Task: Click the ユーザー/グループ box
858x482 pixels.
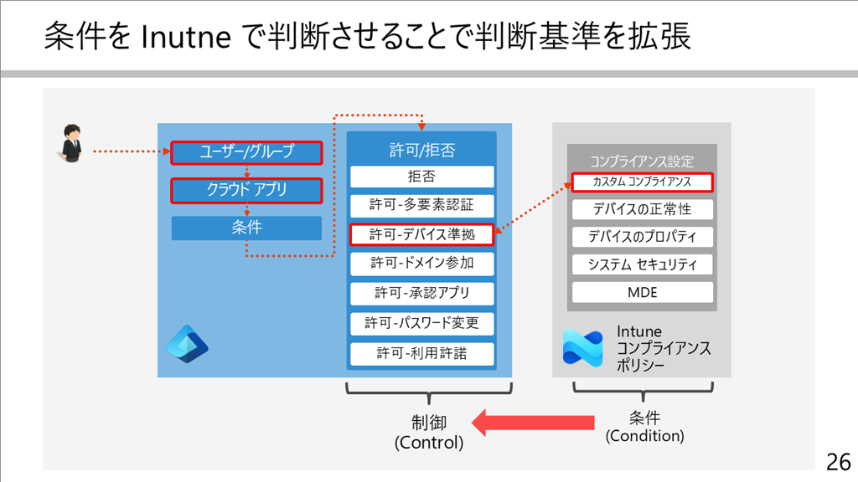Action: click(246, 152)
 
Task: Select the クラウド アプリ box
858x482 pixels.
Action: click(246, 191)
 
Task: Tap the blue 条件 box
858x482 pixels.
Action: click(246, 228)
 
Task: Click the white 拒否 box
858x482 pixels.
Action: click(422, 177)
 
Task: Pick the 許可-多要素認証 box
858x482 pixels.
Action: click(422, 206)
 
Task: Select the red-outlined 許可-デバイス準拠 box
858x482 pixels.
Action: click(422, 234)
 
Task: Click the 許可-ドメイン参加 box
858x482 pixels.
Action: click(422, 264)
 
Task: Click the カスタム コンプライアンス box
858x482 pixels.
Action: click(643, 182)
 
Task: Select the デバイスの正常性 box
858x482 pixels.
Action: click(643, 209)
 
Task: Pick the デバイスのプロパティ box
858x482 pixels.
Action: click(643, 237)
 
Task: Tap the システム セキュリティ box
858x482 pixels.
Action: click(643, 264)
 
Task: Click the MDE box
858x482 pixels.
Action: click(643, 292)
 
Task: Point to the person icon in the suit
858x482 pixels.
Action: click(71, 143)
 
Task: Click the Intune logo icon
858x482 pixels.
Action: click(583, 348)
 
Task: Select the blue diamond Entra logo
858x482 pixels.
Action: click(187, 344)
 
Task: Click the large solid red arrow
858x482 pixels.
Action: click(533, 423)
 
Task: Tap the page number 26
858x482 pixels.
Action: click(838, 462)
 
